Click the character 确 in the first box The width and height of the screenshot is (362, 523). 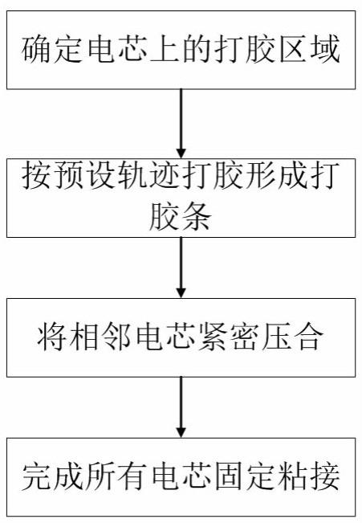coord(36,50)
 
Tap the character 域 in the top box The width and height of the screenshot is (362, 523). coord(326,50)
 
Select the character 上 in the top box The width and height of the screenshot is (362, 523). coord(165,50)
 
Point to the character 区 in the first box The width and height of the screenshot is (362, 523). coord(294,50)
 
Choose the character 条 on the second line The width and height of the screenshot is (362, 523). coord(197,216)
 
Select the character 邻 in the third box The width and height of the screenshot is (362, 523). coord(116,337)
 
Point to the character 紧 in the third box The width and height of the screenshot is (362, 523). coord(214,337)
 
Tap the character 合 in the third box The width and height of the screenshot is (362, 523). coord(310,337)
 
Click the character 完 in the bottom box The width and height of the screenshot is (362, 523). coord(36,476)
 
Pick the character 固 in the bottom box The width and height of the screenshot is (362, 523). coord(230,476)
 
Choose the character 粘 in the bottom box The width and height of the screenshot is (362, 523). coord(294,476)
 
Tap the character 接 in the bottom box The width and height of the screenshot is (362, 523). coord(326,476)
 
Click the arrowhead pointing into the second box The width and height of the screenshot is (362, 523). coord(181,153)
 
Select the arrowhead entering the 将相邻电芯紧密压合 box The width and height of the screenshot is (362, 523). coord(181,292)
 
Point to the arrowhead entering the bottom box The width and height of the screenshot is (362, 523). coord(181,432)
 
